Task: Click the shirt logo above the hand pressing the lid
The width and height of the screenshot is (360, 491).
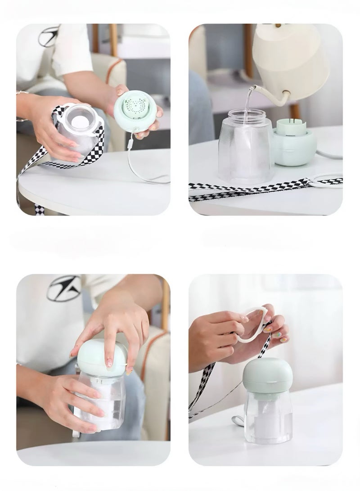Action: pyautogui.click(x=64, y=288)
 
